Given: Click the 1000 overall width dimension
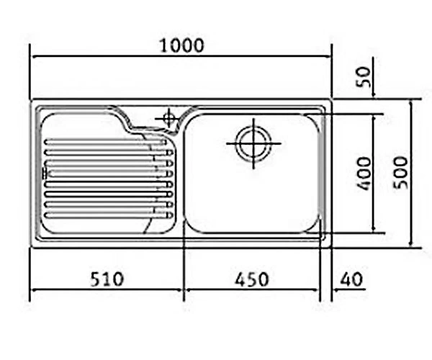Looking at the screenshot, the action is [182, 46].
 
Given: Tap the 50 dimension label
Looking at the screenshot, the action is [364, 77].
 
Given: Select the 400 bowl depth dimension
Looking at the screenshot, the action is [364, 174].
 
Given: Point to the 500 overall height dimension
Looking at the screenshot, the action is [400, 173].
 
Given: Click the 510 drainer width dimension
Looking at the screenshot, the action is [107, 279].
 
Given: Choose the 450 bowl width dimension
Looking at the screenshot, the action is [251, 279].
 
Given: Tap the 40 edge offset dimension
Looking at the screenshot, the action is [351, 279].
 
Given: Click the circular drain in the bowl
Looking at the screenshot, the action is [253, 144].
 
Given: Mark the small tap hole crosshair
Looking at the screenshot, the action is [169, 119].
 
